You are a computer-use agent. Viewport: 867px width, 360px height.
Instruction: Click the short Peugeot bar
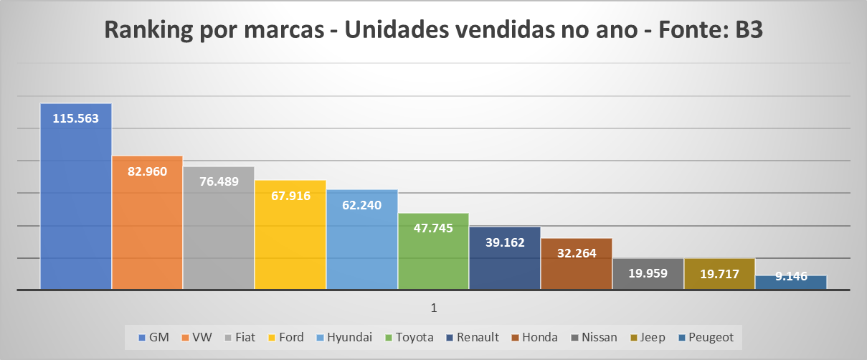(x=791, y=283)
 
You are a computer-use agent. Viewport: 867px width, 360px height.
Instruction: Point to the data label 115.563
(x=75, y=119)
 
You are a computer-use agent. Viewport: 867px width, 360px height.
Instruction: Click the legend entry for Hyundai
(x=349, y=337)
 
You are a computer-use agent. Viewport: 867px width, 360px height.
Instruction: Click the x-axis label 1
(x=434, y=308)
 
